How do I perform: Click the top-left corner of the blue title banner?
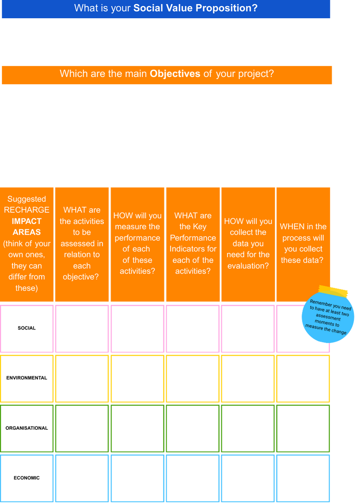pyautogui.click(x=2, y=0)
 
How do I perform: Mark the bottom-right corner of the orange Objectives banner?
pyautogui.click(x=332, y=84)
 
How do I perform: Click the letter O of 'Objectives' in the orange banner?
pyautogui.click(x=153, y=74)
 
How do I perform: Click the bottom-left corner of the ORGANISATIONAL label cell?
pyautogui.click(x=0, y=452)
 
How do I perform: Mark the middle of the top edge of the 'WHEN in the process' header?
pyautogui.click(x=303, y=188)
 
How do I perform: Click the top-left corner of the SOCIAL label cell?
pyautogui.click(x=0, y=305)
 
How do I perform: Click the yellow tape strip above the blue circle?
pyautogui.click(x=333, y=291)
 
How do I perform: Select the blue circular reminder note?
pyautogui.click(x=328, y=317)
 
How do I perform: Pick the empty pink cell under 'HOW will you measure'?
pyautogui.click(x=137, y=329)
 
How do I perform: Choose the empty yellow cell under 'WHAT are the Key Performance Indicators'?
pyautogui.click(x=193, y=379)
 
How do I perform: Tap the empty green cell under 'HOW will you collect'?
pyautogui.click(x=248, y=428)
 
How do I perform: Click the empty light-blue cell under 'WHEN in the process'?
pyautogui.click(x=303, y=478)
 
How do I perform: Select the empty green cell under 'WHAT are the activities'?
pyautogui.click(x=82, y=428)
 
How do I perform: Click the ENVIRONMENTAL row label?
pyautogui.click(x=27, y=378)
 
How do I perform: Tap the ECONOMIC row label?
pyautogui.click(x=27, y=478)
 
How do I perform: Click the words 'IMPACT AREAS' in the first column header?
pyautogui.click(x=27, y=227)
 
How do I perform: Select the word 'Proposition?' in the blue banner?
pyautogui.click(x=226, y=8)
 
